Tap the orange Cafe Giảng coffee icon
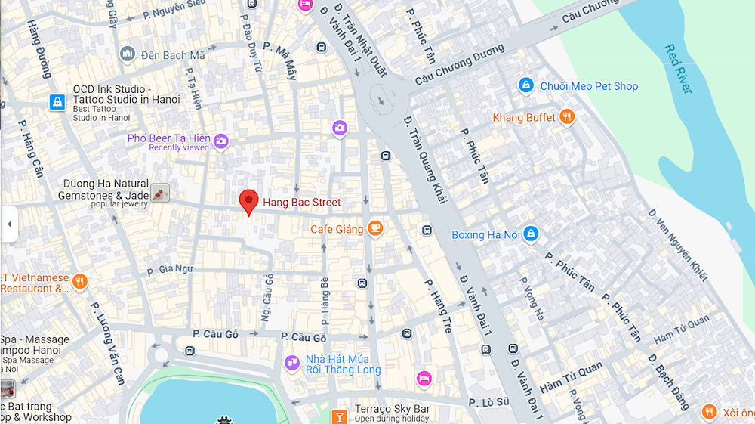pos(375,229)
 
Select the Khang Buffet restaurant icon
pos(567,117)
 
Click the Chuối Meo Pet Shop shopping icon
pos(526,86)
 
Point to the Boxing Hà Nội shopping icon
pos(531,234)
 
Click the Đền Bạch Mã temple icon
pos(127,54)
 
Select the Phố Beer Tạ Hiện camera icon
pos(220,141)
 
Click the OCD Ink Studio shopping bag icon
pos(57,102)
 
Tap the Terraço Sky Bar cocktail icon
pos(340,415)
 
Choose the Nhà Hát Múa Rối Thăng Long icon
pos(292,364)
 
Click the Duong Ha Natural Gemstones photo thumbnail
pos(159,193)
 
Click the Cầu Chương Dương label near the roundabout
pos(459,65)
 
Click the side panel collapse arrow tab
pos(8,224)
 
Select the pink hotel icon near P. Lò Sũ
pos(424,378)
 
